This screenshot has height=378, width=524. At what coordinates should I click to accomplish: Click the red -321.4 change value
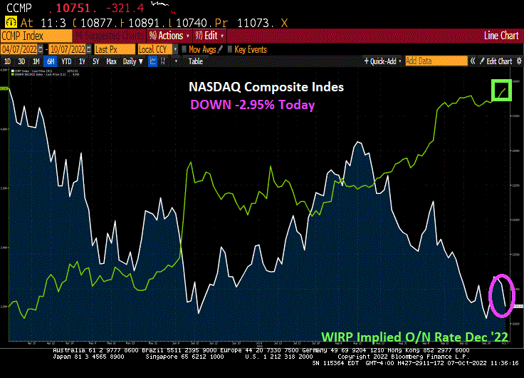(x=122, y=7)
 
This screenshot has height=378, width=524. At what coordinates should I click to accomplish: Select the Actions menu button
(x=169, y=35)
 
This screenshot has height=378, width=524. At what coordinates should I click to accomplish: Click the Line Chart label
(x=501, y=35)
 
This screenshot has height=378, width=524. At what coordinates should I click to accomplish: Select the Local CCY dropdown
(x=156, y=49)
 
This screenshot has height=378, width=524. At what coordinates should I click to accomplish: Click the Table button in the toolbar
(x=195, y=61)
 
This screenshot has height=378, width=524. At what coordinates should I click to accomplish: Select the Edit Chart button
(x=496, y=61)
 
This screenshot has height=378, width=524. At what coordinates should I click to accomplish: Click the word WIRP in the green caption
(x=338, y=336)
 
